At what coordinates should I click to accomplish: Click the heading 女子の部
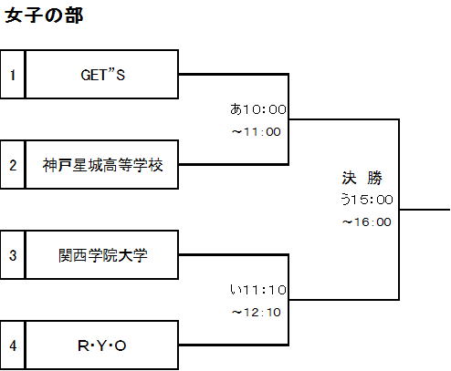coord(44,15)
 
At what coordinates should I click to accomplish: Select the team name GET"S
coord(103,75)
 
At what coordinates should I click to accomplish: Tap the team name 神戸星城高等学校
coord(102,165)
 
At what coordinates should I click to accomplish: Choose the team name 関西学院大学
coord(103,255)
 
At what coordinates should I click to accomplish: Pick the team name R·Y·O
coord(102,345)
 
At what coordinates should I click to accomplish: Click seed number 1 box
coord(13,75)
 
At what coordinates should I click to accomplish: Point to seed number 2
coord(13,165)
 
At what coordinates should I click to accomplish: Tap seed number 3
coord(13,255)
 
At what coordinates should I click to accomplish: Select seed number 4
coord(13,345)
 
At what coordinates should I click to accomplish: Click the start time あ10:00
coord(258,109)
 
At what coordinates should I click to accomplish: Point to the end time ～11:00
coord(257,132)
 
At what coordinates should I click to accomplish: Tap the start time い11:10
coord(258,290)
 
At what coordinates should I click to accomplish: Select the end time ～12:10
coord(257,313)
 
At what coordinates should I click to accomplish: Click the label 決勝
coord(362,178)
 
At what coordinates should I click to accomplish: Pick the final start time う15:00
coord(367,200)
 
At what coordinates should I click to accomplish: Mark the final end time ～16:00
coord(367,222)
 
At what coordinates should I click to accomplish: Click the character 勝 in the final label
coord(374,178)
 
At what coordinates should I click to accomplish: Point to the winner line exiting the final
coord(425,210)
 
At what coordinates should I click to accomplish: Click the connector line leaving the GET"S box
coord(234,74)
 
